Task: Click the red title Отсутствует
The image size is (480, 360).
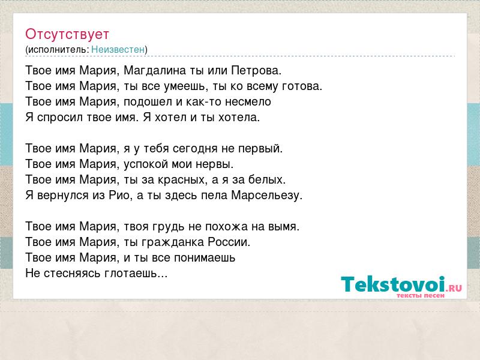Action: (67, 34)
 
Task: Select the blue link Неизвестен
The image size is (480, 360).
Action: (118, 49)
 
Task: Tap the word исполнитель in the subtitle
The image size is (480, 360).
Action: (58, 50)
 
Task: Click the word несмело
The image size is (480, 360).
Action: (248, 101)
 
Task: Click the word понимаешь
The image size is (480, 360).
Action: (205, 258)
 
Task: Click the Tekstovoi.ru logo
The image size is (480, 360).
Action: (401, 287)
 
